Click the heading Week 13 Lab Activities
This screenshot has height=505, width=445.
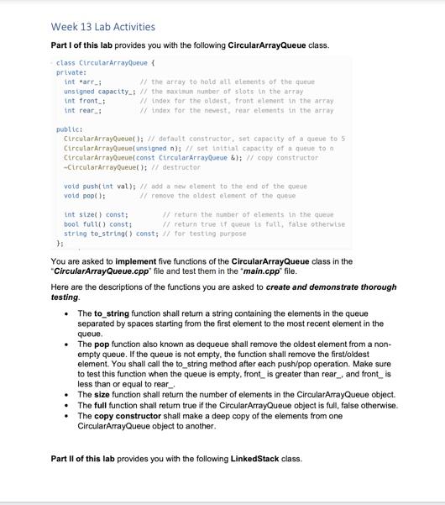(102, 27)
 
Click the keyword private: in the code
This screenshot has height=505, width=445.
(71, 72)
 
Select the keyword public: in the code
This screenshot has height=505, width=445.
(70, 129)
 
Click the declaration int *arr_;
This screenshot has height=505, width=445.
(82, 82)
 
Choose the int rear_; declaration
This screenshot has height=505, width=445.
(82, 110)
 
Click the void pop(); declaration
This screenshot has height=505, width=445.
(85, 195)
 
